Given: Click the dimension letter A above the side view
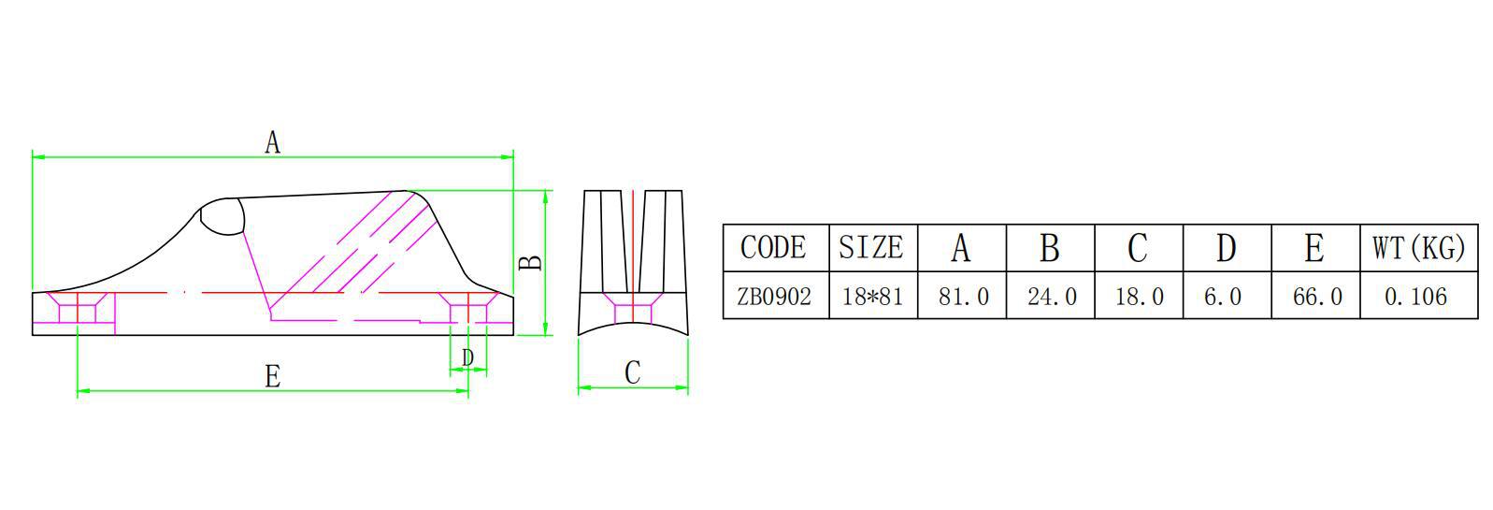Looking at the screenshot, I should (272, 142).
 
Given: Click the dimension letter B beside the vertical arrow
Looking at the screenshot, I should (531, 261).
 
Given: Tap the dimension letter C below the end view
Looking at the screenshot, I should (632, 372).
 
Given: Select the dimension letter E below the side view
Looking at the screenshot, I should (272, 376).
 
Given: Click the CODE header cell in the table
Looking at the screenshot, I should (774, 248).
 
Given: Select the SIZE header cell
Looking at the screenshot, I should (871, 248).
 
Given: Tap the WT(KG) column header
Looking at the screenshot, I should (1418, 248).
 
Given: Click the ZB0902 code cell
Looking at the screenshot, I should (774, 297).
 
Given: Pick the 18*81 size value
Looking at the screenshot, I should (872, 297).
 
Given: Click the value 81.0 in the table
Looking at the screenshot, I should (963, 297).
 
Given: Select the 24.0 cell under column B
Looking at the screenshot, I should (1052, 297).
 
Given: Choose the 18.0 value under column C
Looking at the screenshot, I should (1140, 297).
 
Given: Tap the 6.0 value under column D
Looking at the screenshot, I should (1223, 297).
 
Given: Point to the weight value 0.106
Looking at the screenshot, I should (1415, 297).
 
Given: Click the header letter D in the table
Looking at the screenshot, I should (1226, 248).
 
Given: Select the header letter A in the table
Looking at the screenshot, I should (961, 248).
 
